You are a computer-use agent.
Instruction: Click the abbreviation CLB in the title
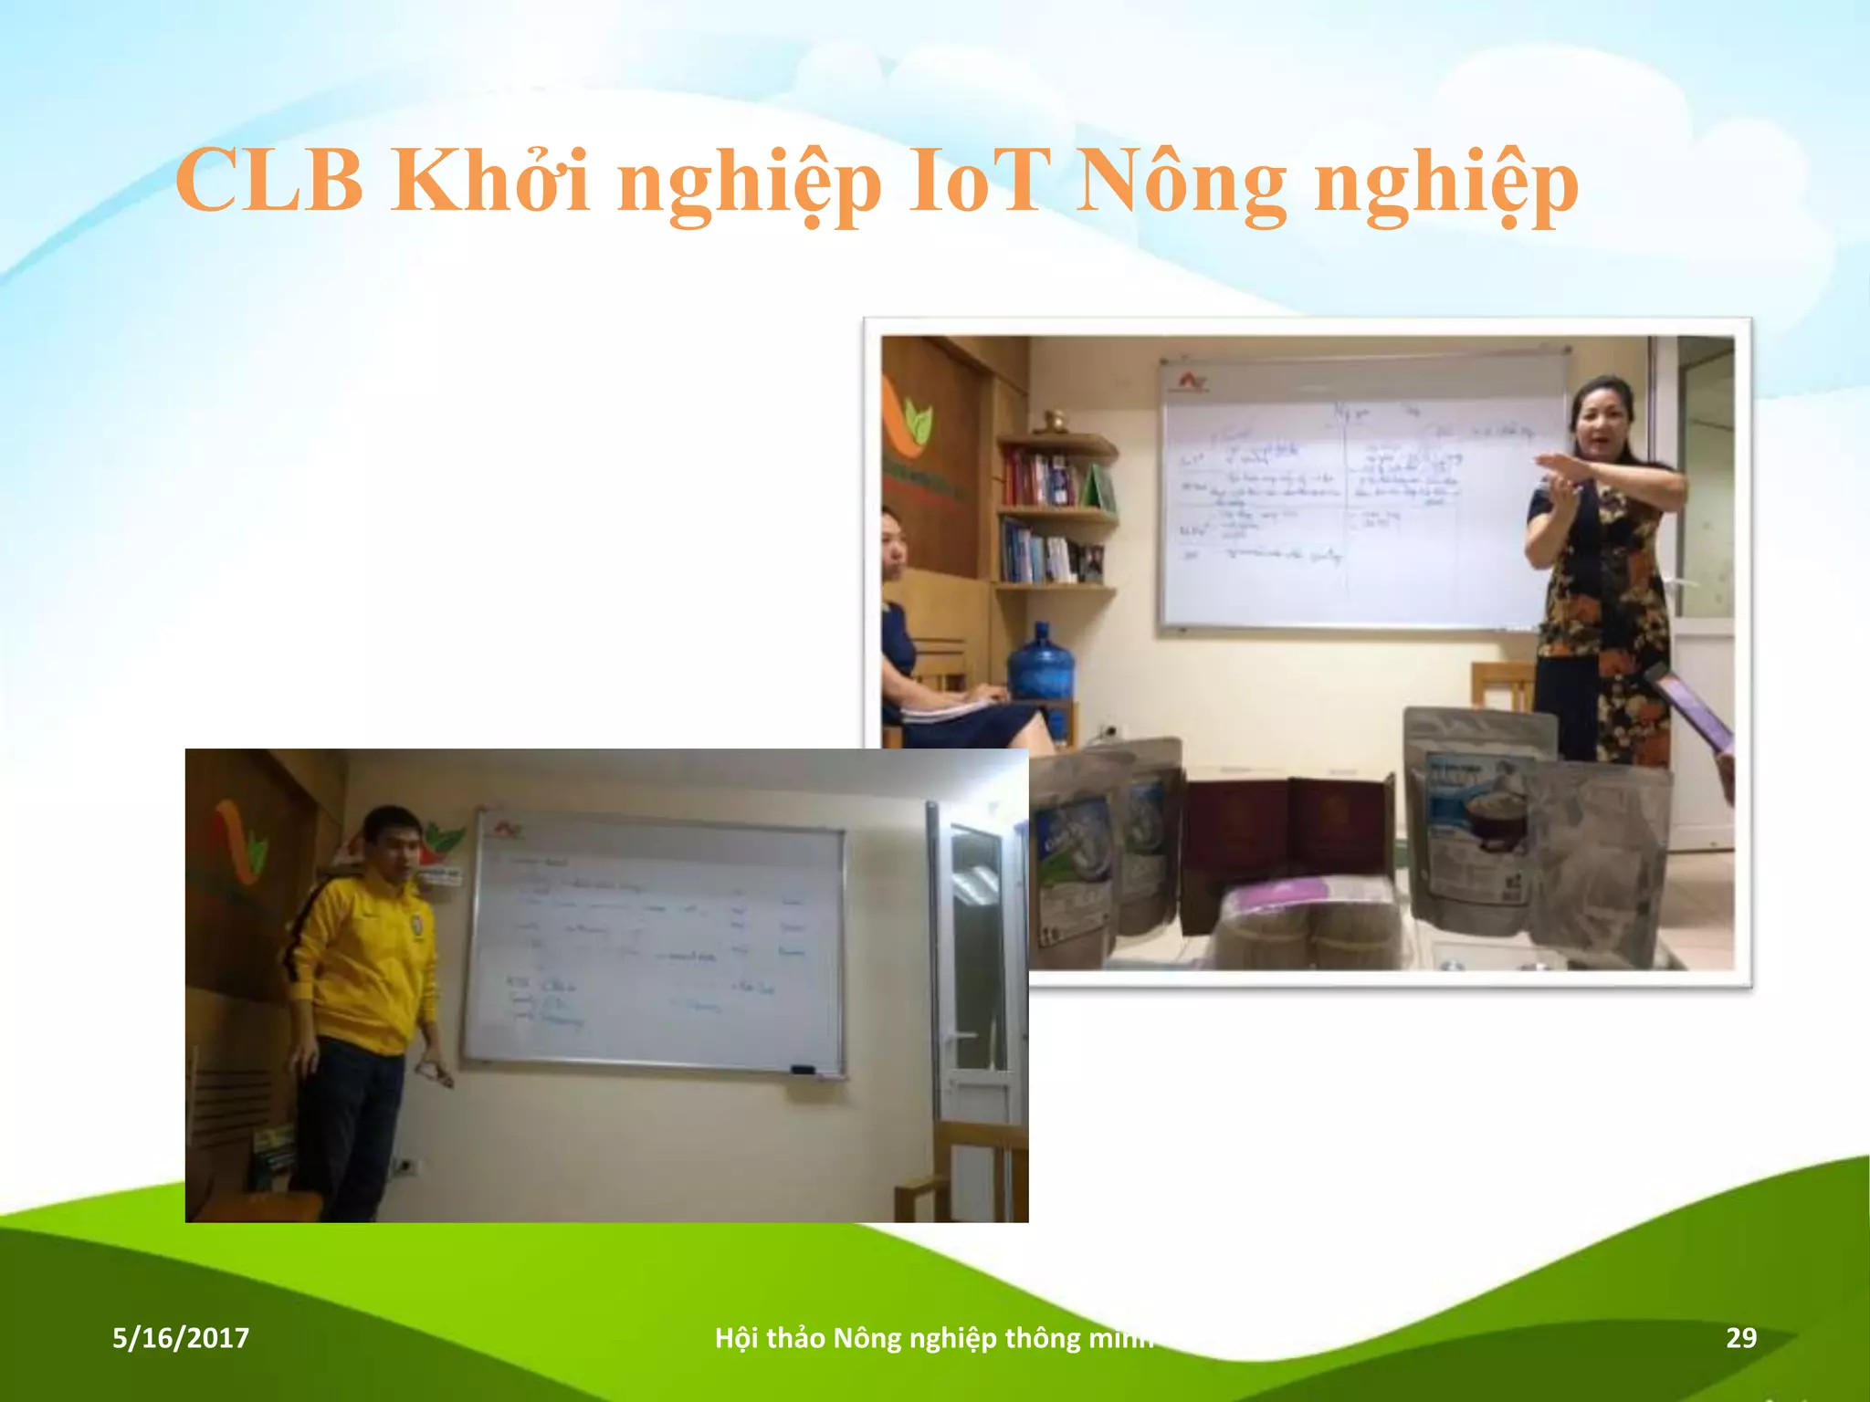tap(270, 181)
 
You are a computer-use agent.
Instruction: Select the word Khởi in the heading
tap(490, 181)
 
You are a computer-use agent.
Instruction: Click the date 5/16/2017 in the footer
tap(181, 1338)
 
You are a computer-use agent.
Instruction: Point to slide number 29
tap(1740, 1338)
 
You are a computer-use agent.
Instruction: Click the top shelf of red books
tap(1041, 477)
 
